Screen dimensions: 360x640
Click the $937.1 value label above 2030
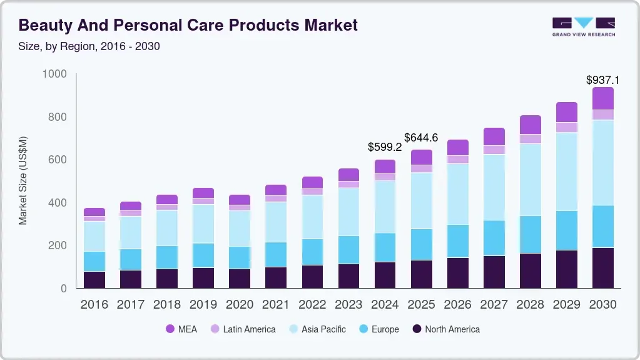click(602, 80)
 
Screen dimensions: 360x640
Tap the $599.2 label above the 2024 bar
click(384, 148)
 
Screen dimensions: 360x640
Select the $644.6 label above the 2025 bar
click(421, 137)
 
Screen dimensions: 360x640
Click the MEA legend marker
click(170, 329)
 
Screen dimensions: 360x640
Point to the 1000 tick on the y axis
click(54, 75)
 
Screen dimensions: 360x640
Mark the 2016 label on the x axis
click(94, 304)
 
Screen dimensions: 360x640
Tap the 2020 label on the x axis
click(239, 304)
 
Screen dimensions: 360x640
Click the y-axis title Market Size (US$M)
click(23, 180)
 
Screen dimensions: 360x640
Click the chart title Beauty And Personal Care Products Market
click(188, 25)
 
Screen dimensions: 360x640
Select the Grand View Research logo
click(583, 26)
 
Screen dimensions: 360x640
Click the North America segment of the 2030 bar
click(602, 268)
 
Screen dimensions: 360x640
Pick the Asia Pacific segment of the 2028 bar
click(530, 180)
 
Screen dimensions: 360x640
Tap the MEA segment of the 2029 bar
click(566, 112)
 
